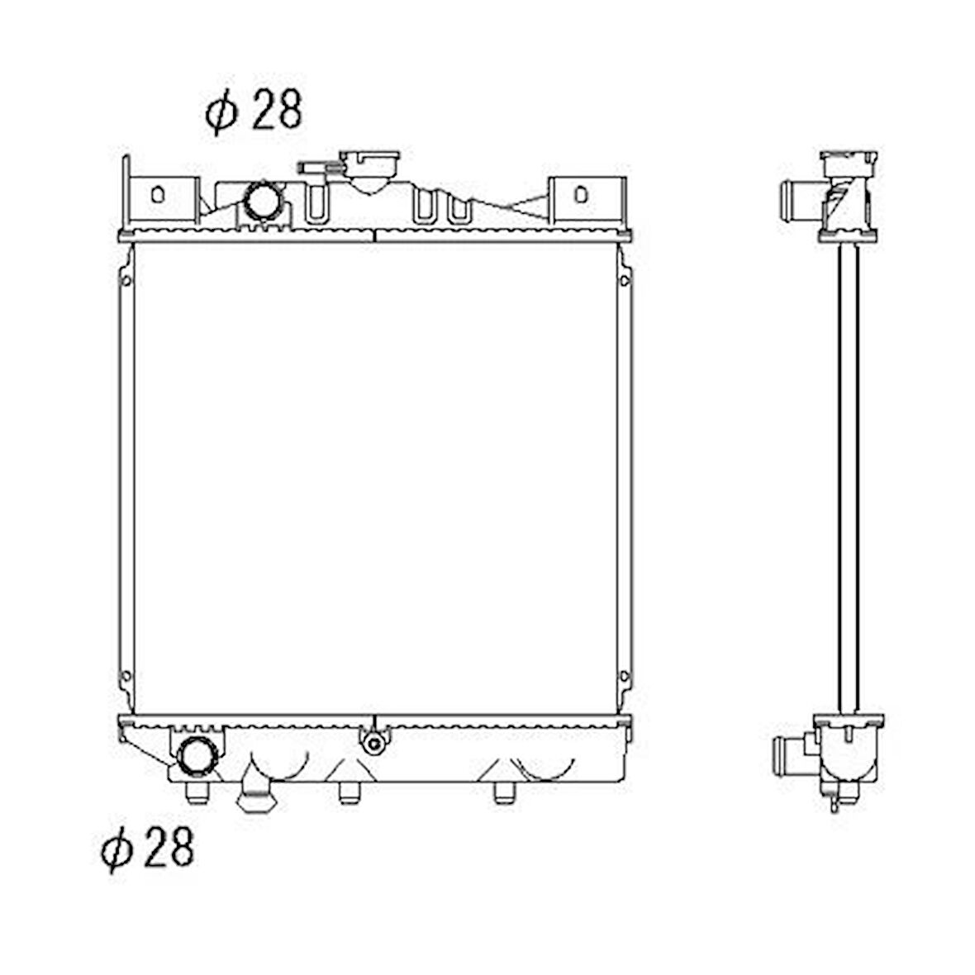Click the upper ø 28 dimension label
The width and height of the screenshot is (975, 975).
(254, 112)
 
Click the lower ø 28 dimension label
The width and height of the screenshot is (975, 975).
(148, 848)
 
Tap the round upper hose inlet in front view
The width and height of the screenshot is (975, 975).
(263, 200)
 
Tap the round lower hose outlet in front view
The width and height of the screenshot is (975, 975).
(197, 756)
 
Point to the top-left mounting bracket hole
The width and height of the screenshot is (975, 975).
(158, 195)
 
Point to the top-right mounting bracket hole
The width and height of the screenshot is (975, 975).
(581, 195)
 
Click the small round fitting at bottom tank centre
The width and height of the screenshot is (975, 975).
(373, 743)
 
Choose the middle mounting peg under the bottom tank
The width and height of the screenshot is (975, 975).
(349, 792)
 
